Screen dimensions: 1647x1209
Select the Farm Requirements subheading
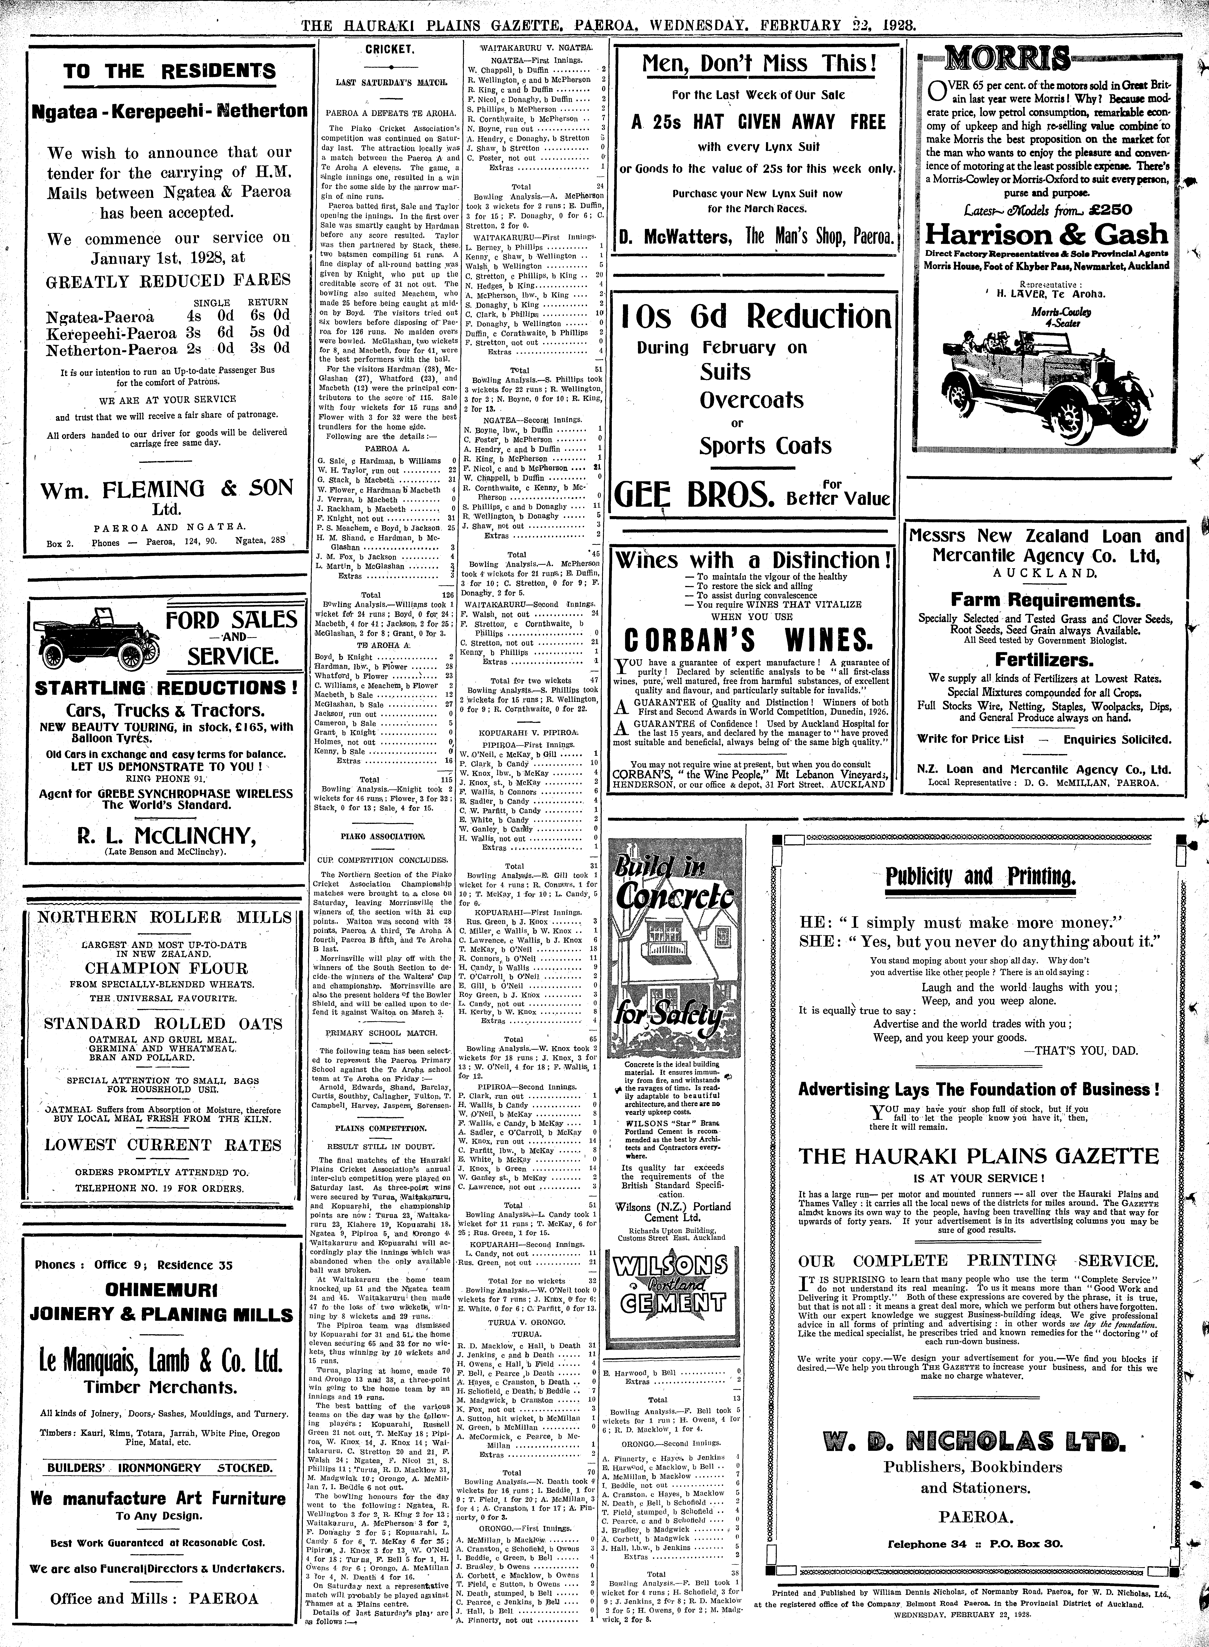pos(1045,600)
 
